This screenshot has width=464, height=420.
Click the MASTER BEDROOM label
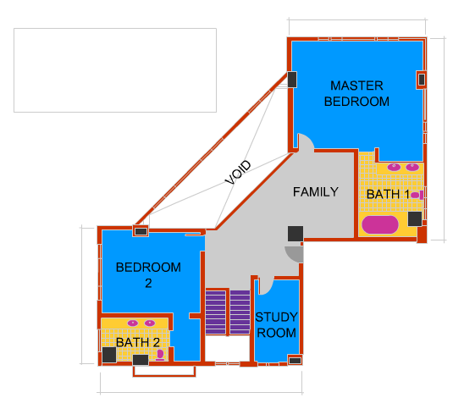click(x=356, y=93)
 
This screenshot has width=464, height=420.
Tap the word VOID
click(x=238, y=172)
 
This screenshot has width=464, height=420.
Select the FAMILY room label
click(x=316, y=192)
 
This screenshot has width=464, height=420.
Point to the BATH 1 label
click(x=388, y=195)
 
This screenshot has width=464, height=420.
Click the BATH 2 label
click(x=138, y=342)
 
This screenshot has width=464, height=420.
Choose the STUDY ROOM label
click(x=276, y=325)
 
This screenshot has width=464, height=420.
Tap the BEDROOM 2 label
click(x=148, y=275)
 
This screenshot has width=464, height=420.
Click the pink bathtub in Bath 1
click(x=380, y=224)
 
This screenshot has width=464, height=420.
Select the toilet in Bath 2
click(x=160, y=355)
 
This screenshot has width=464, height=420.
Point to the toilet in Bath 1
click(x=417, y=195)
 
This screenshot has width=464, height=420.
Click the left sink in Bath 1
click(x=395, y=167)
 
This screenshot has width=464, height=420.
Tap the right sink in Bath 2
click(x=150, y=323)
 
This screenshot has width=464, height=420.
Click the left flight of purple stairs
click(x=216, y=312)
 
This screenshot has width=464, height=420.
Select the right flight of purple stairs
click(x=240, y=312)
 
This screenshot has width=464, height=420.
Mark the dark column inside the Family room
click(x=296, y=234)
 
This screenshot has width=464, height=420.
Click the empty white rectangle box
click(x=115, y=70)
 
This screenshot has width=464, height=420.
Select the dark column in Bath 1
click(x=415, y=219)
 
